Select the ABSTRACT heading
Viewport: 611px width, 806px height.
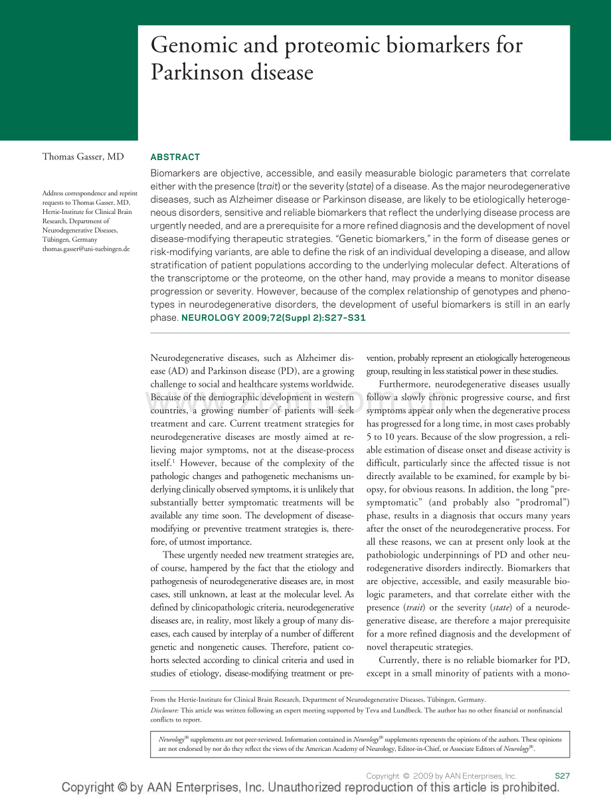pos(175,157)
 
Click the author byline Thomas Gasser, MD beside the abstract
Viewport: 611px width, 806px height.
pos(83,157)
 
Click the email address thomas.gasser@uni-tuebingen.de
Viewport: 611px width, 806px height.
pos(86,249)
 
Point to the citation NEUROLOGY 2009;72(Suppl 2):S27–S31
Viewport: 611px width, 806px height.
pos(274,318)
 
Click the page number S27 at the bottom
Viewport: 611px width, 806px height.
pos(562,775)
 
